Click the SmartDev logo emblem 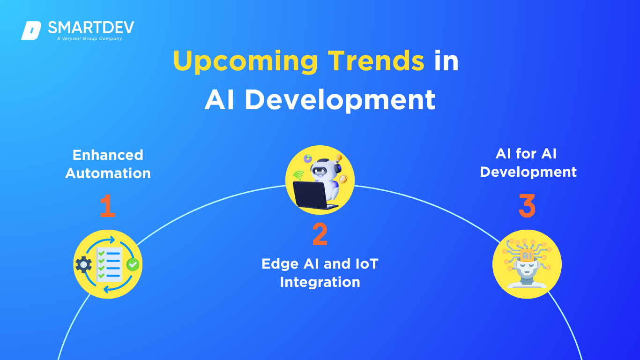coord(31,30)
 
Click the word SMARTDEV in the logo coord(91,28)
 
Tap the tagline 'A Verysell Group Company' coord(89,38)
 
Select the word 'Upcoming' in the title coord(246,61)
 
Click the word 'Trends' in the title coord(376,60)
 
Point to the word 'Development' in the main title coord(340,100)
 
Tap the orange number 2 coord(320,234)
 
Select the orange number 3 coord(527,206)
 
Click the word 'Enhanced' coord(108,155)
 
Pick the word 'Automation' coord(108,173)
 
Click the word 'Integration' coord(320,282)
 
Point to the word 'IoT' coord(367,263)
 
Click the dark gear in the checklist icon coord(83,264)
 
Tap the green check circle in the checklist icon coord(133,264)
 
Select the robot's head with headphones coord(325,168)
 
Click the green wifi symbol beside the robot coord(298,175)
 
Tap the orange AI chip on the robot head coord(527,255)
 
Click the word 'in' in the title coord(447,60)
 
